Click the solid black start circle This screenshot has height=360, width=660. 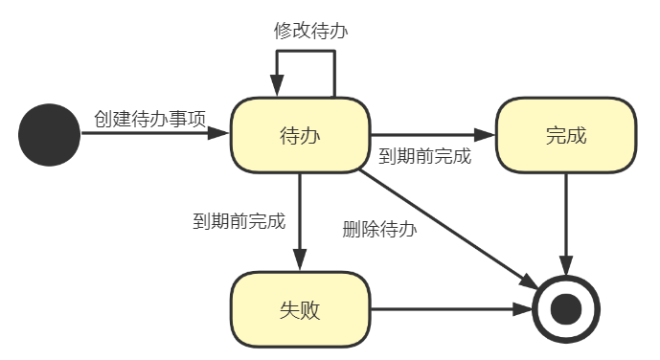pyautogui.click(x=49, y=134)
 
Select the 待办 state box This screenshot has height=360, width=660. pyautogui.click(x=300, y=134)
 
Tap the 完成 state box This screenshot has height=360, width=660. pyautogui.click(x=565, y=134)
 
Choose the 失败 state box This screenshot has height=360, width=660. pyautogui.click(x=300, y=310)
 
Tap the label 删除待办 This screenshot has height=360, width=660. pyautogui.click(x=380, y=229)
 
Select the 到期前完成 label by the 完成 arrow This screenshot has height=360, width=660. pyautogui.click(x=425, y=156)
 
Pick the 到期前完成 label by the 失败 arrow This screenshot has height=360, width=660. pyautogui.click(x=239, y=221)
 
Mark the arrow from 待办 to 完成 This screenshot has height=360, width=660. pyautogui.click(x=431, y=134)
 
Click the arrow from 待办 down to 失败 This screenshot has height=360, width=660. pyautogui.click(x=300, y=220)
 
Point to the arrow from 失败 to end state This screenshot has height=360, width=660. pyautogui.click(x=450, y=310)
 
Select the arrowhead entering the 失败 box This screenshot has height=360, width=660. pyautogui.click(x=300, y=261)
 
